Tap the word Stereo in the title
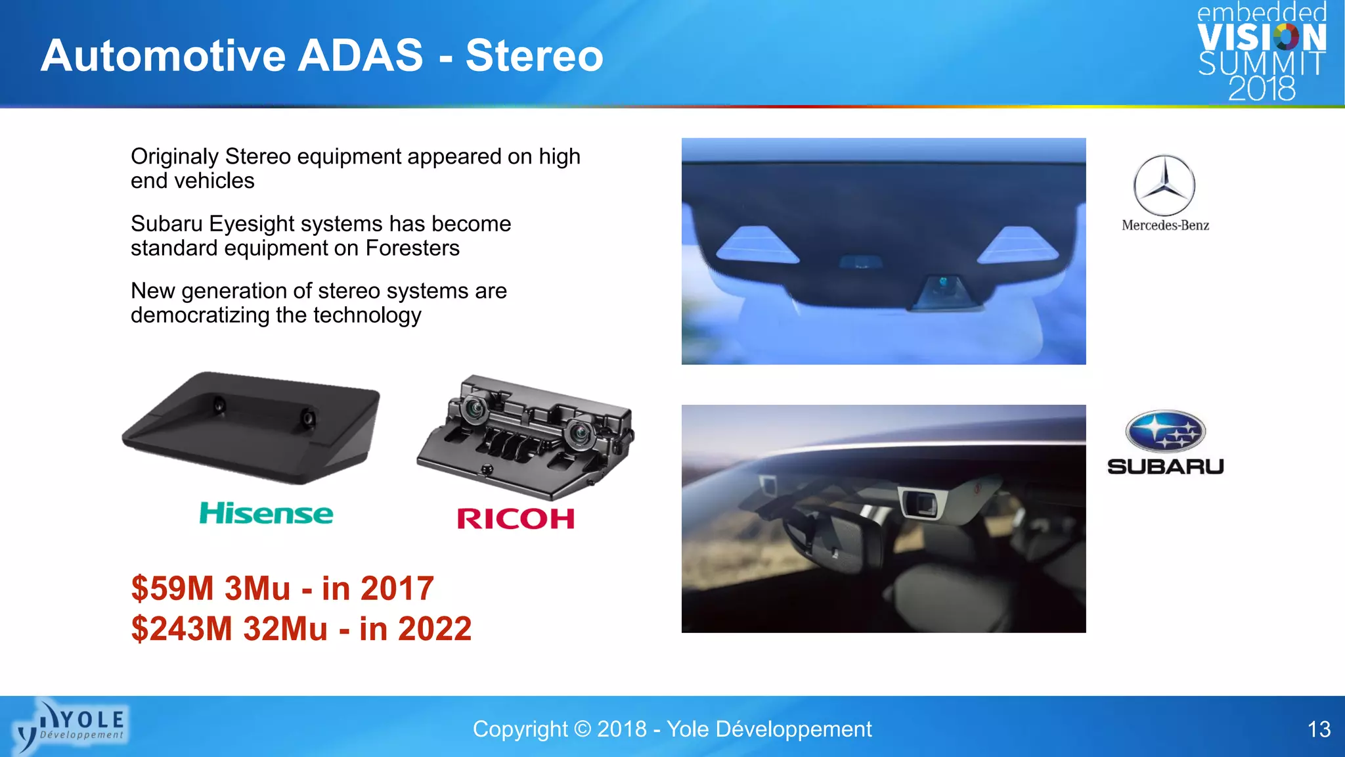pos(534,55)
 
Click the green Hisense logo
pos(266,513)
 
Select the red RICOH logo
pos(516,519)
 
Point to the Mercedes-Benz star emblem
pos(1164,185)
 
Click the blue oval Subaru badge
pos(1165,431)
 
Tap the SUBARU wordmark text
pos(1165,467)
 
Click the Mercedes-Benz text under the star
pos(1165,225)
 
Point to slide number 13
pos(1319,729)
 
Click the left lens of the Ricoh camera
pos(474,409)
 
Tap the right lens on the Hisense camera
pos(307,418)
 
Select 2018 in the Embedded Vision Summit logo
pos(1262,89)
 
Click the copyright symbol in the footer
pos(582,729)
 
